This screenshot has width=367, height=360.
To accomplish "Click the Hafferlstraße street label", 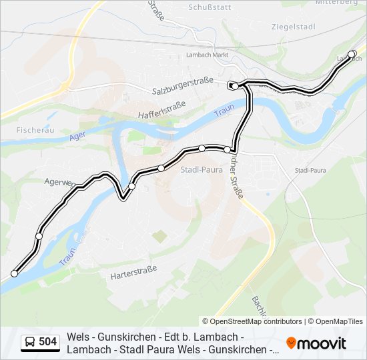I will pos(161,109).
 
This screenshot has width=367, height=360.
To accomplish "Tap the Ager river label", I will pos(78,137).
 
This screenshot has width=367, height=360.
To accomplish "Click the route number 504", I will pos(48,342).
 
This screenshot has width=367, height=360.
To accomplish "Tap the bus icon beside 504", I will pos(30,342).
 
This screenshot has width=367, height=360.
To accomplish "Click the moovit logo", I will pos(316,343).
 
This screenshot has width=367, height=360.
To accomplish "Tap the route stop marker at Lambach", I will pos(352,53).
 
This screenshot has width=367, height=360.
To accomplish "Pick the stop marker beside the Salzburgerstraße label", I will pos(235,86).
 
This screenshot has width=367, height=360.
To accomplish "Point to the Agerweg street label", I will pos(57,181).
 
